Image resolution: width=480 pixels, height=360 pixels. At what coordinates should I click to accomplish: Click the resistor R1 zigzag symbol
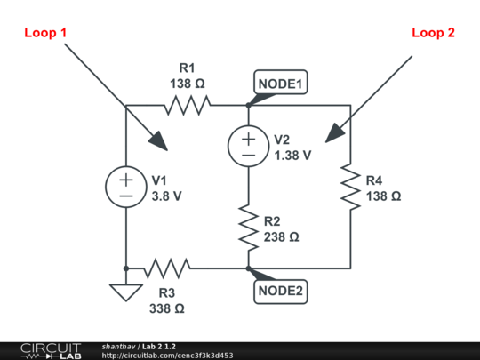tap(187, 106)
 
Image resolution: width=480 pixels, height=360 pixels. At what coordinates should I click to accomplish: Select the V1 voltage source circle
tap(126, 187)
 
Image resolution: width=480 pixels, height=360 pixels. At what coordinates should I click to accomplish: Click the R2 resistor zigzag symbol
tap(248, 228)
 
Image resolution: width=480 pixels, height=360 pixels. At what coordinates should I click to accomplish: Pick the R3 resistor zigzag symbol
tap(167, 268)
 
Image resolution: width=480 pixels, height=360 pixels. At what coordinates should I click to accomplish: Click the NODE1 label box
tap(281, 84)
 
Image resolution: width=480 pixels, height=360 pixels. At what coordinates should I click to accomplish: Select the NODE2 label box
tap(281, 291)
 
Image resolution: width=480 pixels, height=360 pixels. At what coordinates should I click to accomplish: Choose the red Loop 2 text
tap(433, 33)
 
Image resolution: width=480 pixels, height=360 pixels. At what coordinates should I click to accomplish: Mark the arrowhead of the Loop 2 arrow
tap(332, 135)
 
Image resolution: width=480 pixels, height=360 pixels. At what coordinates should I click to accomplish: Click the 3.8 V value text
tap(166, 196)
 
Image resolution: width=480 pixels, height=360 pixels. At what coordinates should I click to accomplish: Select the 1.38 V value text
tap(292, 155)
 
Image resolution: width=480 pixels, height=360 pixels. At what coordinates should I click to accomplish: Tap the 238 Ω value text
tap(282, 237)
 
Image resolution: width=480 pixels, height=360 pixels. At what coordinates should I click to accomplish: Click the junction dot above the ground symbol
tap(126, 268)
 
